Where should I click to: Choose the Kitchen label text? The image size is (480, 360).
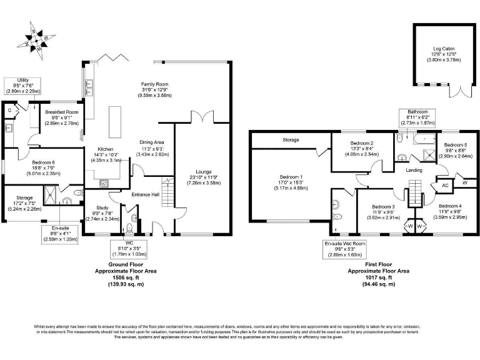click(x=104, y=154)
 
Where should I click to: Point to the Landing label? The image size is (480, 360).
click(x=412, y=170)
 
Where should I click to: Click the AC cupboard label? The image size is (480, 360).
click(x=445, y=185)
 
